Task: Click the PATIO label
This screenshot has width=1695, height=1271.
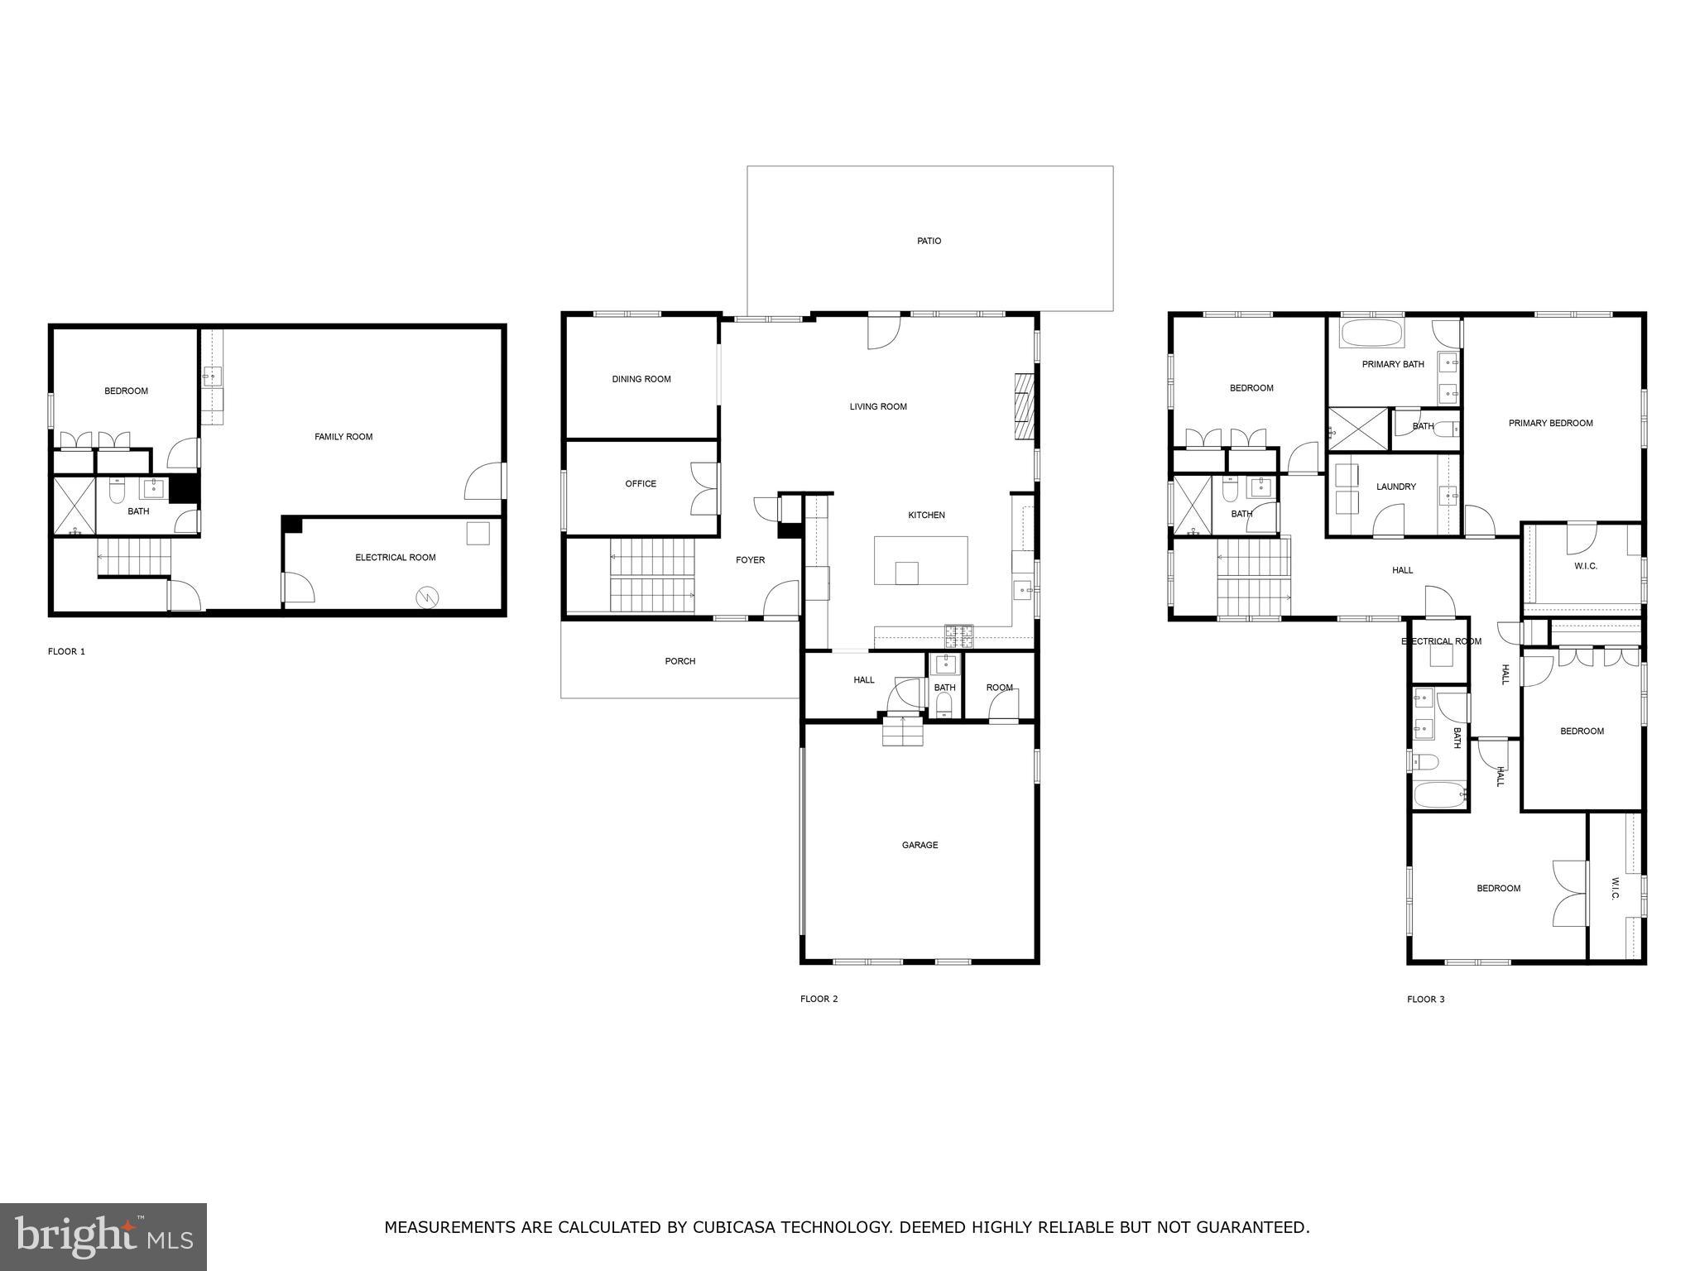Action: [x=929, y=241]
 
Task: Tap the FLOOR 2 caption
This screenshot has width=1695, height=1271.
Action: [x=819, y=999]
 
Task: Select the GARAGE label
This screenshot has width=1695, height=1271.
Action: [x=920, y=845]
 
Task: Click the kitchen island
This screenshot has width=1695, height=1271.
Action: [x=920, y=560]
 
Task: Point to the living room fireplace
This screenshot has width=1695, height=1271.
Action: [x=1025, y=406]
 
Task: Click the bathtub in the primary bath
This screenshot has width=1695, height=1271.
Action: [x=1371, y=335]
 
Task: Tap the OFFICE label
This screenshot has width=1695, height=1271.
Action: [x=641, y=483]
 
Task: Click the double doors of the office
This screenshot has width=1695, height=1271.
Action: [x=705, y=489]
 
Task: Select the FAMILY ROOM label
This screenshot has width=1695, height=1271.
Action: [x=343, y=436]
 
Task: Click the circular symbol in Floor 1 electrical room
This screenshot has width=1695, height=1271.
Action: [x=427, y=595]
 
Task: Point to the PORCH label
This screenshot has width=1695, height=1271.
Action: [x=680, y=661]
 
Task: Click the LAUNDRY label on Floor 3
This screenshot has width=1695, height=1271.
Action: [x=1396, y=487]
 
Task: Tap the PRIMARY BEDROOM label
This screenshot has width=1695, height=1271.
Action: [x=1550, y=423]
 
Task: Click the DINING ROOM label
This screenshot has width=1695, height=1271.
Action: [x=641, y=379]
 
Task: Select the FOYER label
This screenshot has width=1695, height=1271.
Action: [x=750, y=560]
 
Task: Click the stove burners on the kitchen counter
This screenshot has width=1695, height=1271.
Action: [x=959, y=635]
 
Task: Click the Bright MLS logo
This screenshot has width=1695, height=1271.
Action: [x=103, y=1236]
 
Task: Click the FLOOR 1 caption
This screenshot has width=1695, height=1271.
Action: [x=66, y=651]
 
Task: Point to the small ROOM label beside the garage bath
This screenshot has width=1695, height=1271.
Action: [x=999, y=688]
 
